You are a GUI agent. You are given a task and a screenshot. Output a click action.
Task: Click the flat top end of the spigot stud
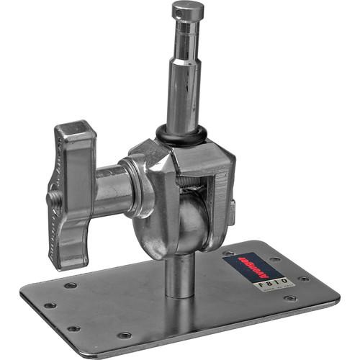(x=187, y=6)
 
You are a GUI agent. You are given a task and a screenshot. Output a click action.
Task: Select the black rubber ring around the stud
(x=181, y=135)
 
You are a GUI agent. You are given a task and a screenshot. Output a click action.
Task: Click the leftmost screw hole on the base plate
(x=50, y=305)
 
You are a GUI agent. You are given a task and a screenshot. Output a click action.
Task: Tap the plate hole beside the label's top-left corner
(x=228, y=253)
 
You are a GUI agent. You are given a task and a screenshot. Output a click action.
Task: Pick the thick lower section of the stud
(x=181, y=101)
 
